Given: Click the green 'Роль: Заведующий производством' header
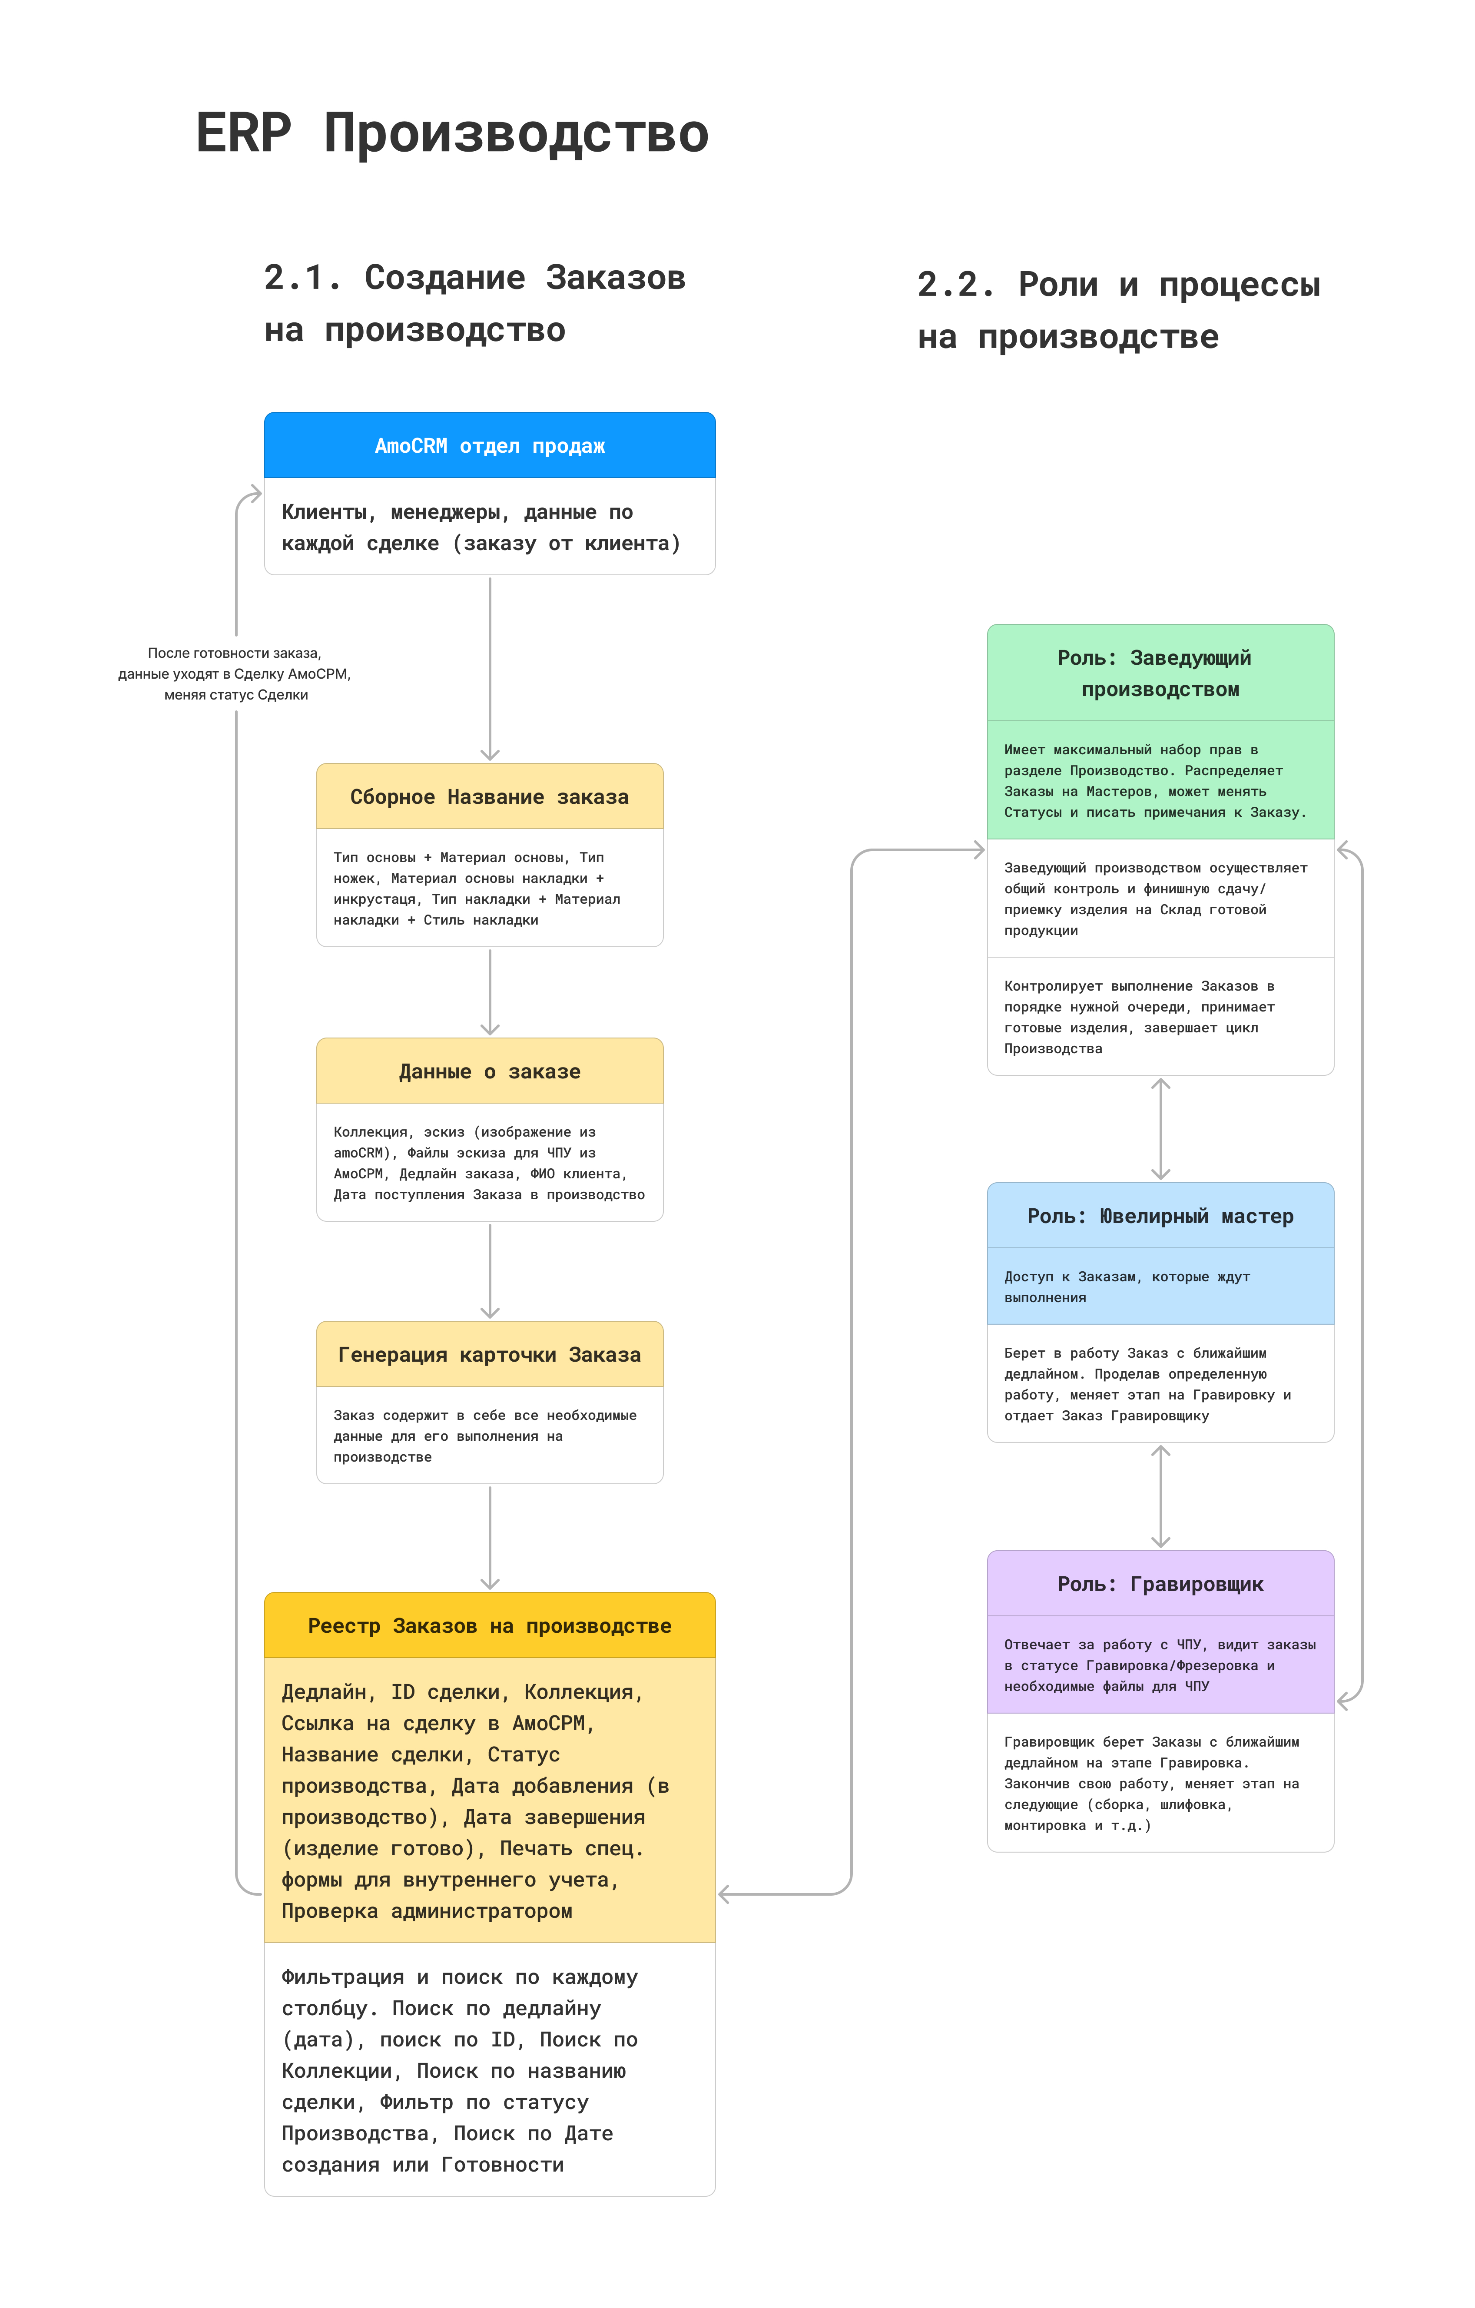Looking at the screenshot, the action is tap(1160, 673).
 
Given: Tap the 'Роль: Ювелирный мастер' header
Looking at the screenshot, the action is tap(1160, 1215).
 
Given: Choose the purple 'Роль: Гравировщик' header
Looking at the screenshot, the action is tap(1160, 1583).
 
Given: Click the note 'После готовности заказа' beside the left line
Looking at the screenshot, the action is tap(235, 653).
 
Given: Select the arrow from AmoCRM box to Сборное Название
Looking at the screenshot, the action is tap(490, 669).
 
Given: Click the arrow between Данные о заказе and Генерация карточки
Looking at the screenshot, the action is tap(490, 1271).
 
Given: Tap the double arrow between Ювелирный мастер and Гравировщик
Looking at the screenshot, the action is tap(1160, 1496).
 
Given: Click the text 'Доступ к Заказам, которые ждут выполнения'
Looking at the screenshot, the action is tap(1127, 1286).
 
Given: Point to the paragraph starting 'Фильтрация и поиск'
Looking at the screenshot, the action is tap(460, 2070).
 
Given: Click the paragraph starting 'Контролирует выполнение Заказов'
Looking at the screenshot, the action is tap(1140, 1017).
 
